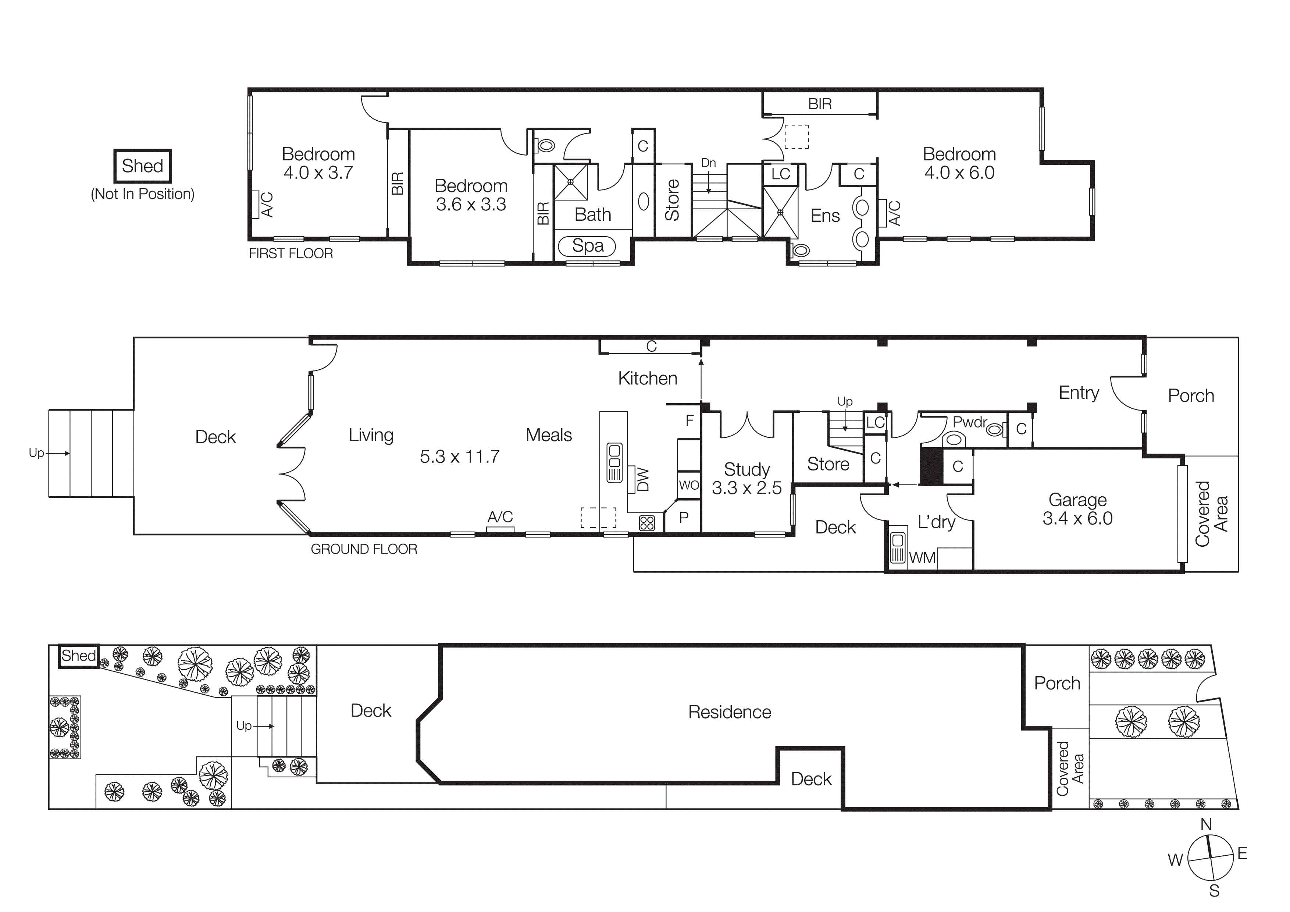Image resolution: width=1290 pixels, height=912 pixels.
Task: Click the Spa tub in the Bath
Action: (587, 246)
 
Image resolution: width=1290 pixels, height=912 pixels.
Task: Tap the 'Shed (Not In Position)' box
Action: (143, 166)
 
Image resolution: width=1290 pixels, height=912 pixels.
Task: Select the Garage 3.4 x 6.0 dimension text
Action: (1077, 518)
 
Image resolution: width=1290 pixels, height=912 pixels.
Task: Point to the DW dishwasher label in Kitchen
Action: (643, 479)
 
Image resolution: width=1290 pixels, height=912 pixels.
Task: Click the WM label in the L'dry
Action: (922, 558)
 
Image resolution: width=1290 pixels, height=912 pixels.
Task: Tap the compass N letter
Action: (1206, 824)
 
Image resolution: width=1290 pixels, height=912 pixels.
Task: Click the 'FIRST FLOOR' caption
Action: (291, 253)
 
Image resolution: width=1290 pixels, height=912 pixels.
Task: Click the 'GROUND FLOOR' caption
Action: (364, 549)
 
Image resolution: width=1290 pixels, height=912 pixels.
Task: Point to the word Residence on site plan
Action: (729, 712)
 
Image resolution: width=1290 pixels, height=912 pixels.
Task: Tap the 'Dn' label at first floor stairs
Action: (709, 163)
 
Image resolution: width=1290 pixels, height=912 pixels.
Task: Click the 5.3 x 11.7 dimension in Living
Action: (460, 456)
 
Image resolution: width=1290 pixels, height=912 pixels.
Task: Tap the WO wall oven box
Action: (689, 485)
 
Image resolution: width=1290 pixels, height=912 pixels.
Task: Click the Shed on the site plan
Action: (79, 656)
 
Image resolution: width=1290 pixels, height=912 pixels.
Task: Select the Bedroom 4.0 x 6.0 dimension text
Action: (959, 173)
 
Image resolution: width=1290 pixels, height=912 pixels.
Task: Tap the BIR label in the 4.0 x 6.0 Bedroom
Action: (820, 104)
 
